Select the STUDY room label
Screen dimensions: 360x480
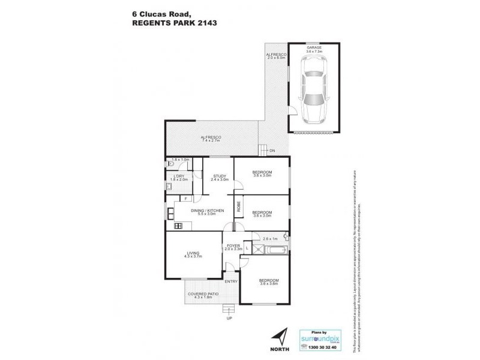(220, 175)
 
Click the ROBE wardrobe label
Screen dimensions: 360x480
(238, 208)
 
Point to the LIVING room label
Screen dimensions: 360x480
(193, 253)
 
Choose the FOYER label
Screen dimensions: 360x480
(232, 246)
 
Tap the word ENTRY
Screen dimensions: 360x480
(231, 281)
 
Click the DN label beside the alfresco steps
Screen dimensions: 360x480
(272, 151)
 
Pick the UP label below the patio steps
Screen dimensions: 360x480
(229, 318)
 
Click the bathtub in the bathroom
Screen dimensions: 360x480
(273, 251)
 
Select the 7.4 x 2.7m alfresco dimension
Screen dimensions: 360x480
(211, 142)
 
